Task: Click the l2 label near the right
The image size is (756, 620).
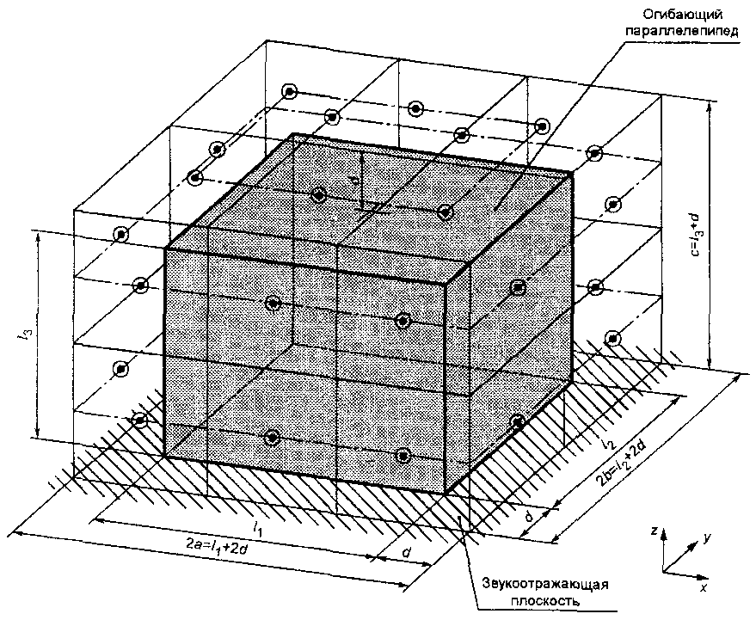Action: tap(610, 444)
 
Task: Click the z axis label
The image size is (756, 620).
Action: tap(655, 532)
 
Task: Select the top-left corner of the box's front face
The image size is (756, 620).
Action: tap(163, 249)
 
